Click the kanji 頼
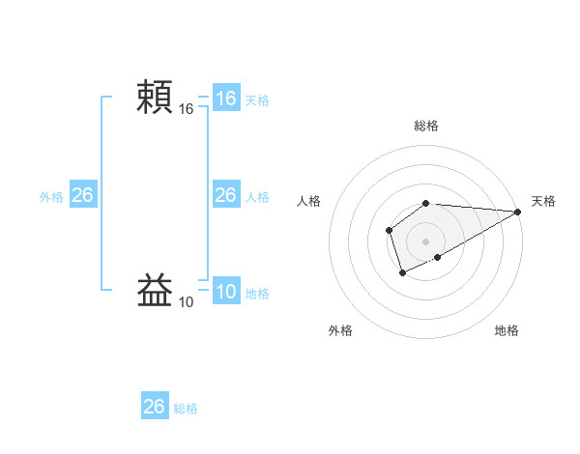click(155, 98)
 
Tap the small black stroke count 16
click(187, 110)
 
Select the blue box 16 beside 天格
click(225, 99)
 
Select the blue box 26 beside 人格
click(225, 195)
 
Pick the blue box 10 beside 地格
click(225, 292)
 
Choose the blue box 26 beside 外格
click(82, 195)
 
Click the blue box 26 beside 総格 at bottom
click(154, 407)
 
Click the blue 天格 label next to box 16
click(257, 100)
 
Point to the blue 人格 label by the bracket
click(257, 197)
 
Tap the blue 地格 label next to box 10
click(257, 294)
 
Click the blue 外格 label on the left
click(51, 197)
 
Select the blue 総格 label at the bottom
click(186, 409)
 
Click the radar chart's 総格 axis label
click(426, 126)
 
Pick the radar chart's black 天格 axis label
click(544, 201)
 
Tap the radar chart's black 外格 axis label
click(340, 330)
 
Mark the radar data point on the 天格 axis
click(518, 212)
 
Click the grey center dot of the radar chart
click(426, 241)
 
